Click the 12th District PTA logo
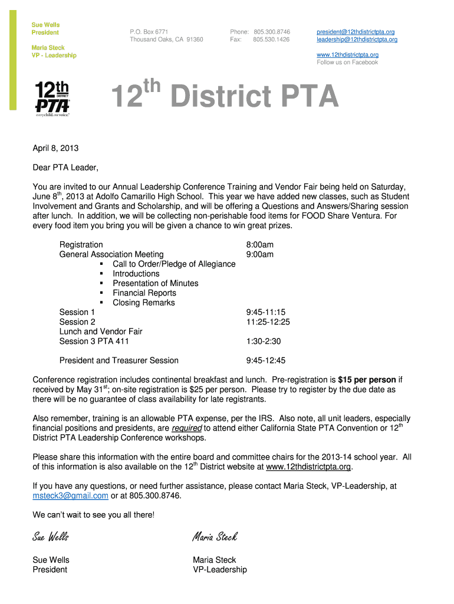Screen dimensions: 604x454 click(x=52, y=100)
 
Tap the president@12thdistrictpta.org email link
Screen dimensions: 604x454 click(x=356, y=31)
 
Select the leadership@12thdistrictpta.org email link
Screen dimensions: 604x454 click(x=357, y=40)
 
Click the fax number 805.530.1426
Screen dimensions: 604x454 click(x=271, y=40)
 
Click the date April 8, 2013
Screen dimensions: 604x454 click(x=55, y=148)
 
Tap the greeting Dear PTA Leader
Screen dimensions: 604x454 click(x=65, y=168)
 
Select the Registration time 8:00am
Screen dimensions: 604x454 click(x=259, y=244)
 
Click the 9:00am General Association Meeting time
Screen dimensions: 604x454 click(x=259, y=254)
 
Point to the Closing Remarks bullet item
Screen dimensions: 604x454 click(x=144, y=303)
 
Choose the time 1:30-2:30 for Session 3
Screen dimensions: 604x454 click(x=263, y=341)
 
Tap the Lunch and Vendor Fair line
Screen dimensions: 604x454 click(x=101, y=331)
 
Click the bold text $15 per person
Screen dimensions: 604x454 click(x=367, y=380)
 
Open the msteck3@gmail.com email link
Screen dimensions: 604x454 click(x=70, y=495)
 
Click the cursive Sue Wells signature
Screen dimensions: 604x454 click(x=51, y=536)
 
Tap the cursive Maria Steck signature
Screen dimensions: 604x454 click(x=215, y=536)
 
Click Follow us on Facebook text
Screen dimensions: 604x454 click(x=347, y=62)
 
